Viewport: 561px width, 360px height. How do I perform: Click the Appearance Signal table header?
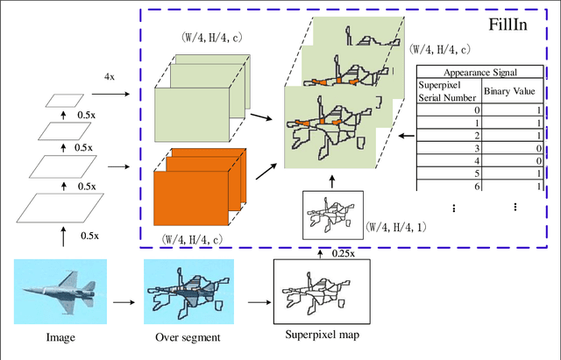click(x=478, y=74)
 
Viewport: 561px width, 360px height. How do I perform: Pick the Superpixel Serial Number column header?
click(x=449, y=90)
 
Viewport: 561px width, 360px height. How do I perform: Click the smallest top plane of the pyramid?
click(x=61, y=100)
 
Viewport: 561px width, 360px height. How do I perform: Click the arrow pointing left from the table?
click(x=404, y=136)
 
